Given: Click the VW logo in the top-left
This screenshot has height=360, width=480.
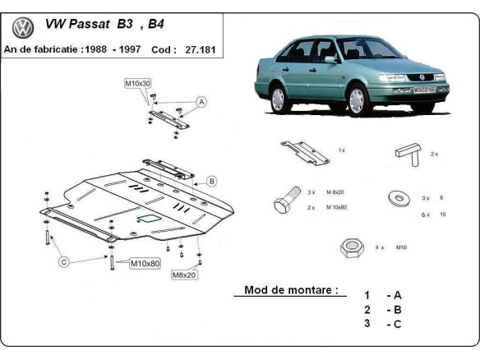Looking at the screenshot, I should pos(23,27).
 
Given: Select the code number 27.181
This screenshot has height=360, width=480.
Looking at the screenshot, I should pos(200,49).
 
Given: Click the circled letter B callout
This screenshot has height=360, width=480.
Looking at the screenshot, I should pos(211,181).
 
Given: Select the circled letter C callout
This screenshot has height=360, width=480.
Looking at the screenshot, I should pos(63,262).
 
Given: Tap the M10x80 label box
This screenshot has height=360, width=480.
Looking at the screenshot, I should pos(145,264).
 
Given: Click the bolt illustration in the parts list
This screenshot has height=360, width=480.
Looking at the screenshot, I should pos(286,201).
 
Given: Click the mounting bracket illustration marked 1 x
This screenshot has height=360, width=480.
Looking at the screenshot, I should pos(302,150).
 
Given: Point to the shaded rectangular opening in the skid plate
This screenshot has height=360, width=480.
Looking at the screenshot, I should pos(150,218).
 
